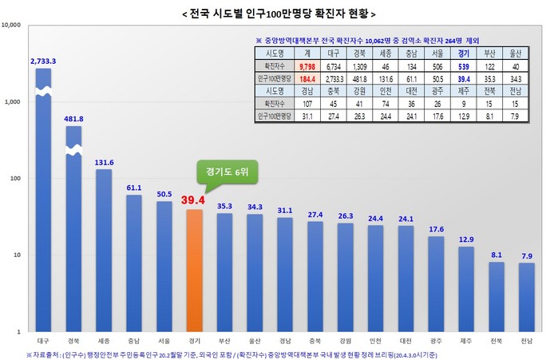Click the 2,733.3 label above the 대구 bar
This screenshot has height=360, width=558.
click(x=43, y=61)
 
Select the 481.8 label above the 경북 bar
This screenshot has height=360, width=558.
click(x=73, y=118)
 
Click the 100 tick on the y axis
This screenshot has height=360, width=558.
click(x=14, y=178)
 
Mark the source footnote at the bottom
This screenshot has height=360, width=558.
click(x=239, y=353)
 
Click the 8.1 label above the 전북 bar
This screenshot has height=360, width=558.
click(x=496, y=255)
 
